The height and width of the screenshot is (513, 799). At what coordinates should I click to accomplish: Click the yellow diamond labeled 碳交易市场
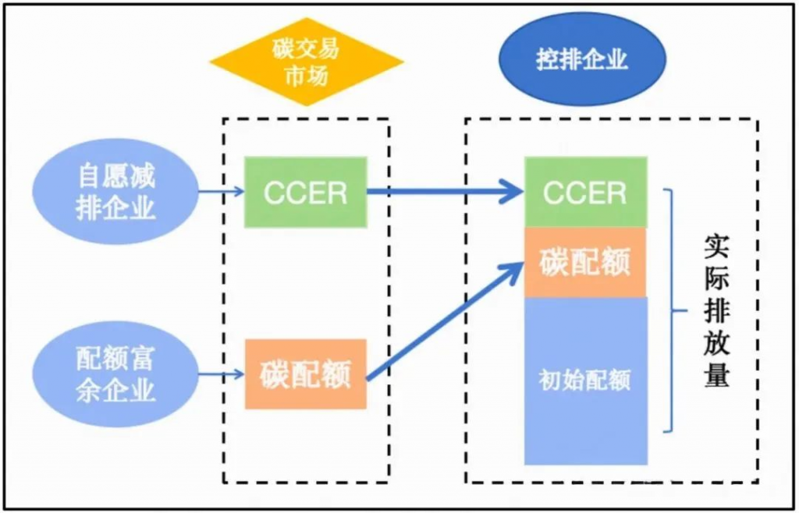tap(306, 62)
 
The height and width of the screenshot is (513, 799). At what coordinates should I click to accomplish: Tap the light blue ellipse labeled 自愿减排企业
tap(115, 192)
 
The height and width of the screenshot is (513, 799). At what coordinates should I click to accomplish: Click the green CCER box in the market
tap(306, 193)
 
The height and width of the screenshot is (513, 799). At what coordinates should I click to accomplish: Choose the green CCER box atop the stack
tap(586, 193)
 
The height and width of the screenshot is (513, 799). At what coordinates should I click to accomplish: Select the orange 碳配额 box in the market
tap(306, 375)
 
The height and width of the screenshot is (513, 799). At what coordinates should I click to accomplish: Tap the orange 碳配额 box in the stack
tap(586, 263)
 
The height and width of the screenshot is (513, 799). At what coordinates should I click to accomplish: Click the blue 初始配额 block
tap(586, 380)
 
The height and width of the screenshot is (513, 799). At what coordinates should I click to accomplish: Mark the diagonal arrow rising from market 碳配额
tap(445, 321)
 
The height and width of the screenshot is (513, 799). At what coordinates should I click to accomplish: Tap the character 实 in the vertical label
tap(716, 248)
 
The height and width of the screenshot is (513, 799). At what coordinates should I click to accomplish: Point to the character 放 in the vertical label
tap(716, 344)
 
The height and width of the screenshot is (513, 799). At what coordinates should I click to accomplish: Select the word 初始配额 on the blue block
tap(585, 380)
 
